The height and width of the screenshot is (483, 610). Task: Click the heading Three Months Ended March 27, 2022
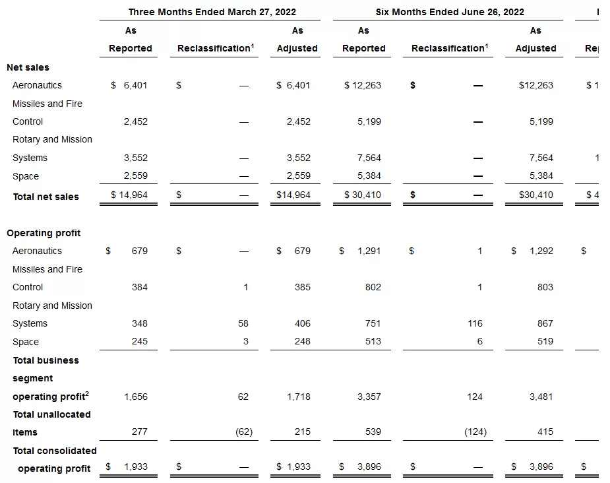click(212, 12)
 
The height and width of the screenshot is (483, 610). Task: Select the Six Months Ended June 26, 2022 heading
click(450, 12)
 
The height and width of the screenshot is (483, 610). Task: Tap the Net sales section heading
click(28, 67)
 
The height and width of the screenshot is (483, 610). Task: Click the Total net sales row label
click(46, 197)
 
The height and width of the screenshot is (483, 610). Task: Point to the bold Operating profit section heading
click(44, 233)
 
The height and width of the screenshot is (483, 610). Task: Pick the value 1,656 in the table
click(135, 397)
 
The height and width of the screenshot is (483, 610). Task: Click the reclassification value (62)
click(243, 432)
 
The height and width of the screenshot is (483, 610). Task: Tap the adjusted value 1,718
click(298, 397)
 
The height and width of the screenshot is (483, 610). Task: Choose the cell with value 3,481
click(541, 397)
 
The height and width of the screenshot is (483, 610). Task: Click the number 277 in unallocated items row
click(139, 432)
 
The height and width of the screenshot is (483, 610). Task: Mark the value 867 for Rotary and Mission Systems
click(545, 323)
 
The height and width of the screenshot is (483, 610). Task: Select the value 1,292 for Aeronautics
click(541, 251)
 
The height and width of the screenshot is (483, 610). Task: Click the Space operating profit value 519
click(545, 342)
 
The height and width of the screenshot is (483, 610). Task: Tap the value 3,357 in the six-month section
click(369, 397)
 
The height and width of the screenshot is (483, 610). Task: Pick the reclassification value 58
click(243, 323)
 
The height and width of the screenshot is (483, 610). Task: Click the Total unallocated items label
click(51, 423)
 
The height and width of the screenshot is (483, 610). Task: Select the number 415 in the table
click(545, 432)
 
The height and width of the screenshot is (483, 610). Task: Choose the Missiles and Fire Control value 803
click(545, 287)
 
